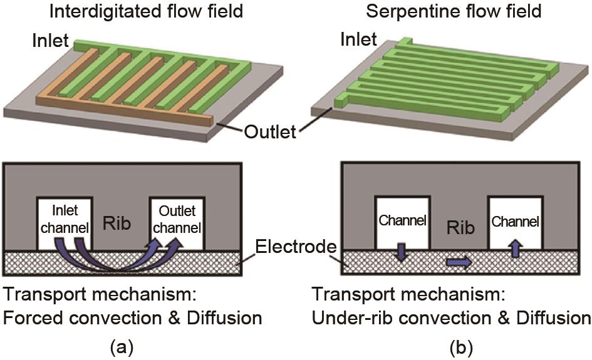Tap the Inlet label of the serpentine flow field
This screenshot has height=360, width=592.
point(358,40)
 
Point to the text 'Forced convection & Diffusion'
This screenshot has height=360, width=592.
point(132,318)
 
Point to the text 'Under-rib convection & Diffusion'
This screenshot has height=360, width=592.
point(451,318)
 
